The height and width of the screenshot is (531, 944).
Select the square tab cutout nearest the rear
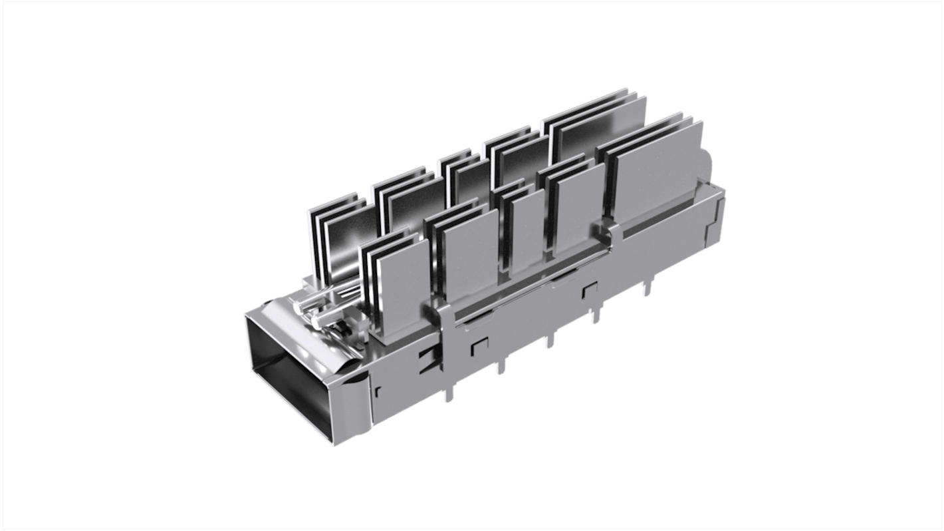(589, 291)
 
